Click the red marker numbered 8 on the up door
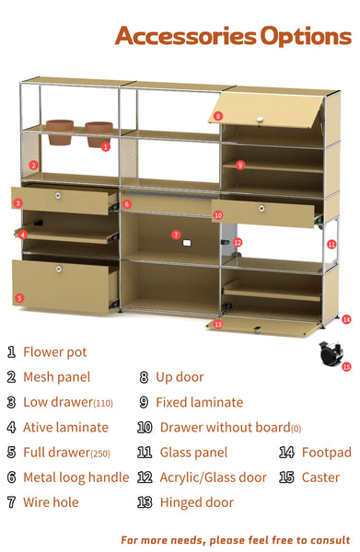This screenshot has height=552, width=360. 218,116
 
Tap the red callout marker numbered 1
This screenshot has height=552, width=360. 106,147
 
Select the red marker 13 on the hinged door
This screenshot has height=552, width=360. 218,324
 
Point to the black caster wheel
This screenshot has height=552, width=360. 331,354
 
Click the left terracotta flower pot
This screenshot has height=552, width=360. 60,132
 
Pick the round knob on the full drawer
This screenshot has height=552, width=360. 59,270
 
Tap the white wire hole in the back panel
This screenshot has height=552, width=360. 187,243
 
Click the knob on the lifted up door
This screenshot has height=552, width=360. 260,120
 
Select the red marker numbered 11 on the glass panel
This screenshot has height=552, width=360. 331,244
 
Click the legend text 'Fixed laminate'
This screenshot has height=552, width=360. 200,402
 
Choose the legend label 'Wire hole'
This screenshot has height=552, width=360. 51,502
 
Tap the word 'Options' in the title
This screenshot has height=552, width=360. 306,37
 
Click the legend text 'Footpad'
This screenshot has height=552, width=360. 327,453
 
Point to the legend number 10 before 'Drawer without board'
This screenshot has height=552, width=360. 145,428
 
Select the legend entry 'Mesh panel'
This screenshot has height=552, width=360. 57,377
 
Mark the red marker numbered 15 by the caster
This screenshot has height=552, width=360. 346,367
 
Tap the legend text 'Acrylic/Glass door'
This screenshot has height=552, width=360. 213,477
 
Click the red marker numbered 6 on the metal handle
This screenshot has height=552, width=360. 127,204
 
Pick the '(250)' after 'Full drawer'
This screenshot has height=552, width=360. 100,454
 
